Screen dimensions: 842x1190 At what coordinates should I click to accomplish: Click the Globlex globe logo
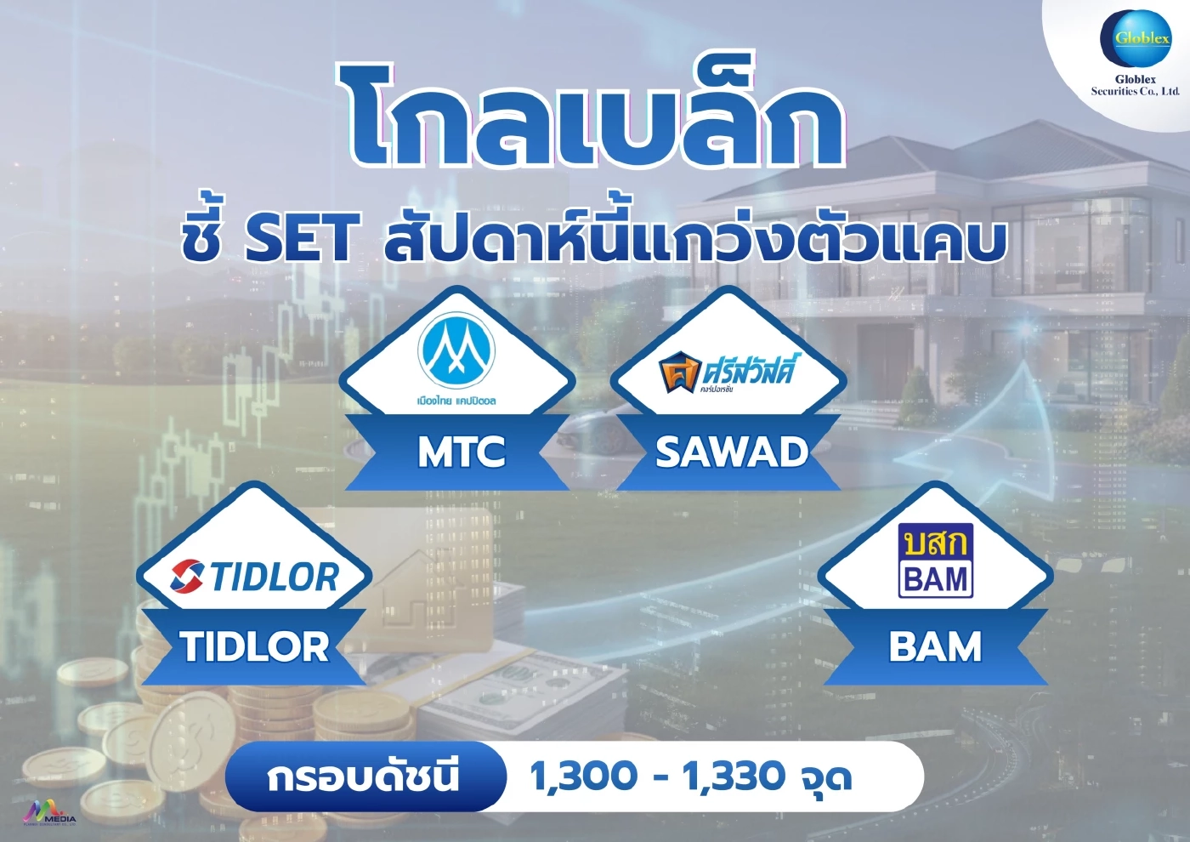tap(1136, 38)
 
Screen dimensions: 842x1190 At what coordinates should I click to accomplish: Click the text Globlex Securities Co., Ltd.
tap(1136, 85)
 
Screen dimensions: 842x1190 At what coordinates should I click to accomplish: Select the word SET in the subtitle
tap(297, 240)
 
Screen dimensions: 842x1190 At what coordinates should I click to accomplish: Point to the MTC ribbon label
tap(461, 452)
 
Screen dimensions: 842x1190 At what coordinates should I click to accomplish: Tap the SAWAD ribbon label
tap(731, 452)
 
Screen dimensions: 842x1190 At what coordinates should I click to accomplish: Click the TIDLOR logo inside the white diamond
tap(254, 577)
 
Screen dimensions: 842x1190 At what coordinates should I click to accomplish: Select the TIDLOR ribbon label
tap(254, 646)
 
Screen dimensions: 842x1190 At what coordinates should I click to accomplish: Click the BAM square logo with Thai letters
tap(935, 561)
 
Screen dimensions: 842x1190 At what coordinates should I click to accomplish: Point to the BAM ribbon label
tap(935, 646)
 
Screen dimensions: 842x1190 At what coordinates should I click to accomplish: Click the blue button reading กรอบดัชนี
tap(364, 777)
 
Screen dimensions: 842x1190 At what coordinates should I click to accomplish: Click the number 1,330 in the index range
tap(734, 777)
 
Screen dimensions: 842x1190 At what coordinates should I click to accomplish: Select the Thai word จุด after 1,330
tap(825, 778)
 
